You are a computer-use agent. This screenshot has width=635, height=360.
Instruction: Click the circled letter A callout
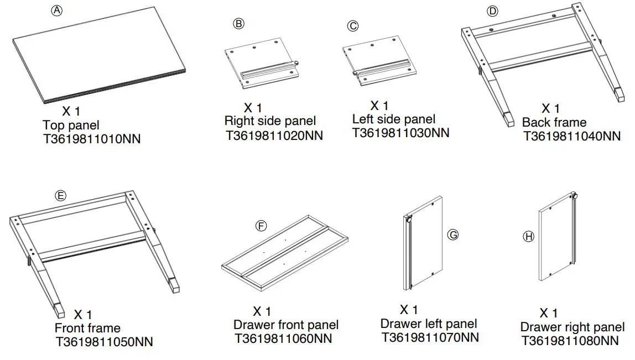click(57, 11)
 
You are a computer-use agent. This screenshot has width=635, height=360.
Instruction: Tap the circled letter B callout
click(238, 23)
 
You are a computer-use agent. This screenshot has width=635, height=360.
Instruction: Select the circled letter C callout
click(352, 26)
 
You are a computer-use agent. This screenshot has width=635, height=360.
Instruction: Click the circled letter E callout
click(60, 196)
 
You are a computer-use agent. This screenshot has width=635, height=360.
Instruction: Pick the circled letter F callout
click(261, 226)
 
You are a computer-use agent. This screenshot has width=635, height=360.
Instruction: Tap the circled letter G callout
click(452, 234)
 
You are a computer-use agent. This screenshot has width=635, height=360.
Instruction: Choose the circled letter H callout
click(528, 237)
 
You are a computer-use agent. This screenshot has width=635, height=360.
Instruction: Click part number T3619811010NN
click(92, 139)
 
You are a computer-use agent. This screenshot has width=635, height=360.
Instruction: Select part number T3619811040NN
click(571, 135)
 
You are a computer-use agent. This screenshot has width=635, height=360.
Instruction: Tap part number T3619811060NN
click(283, 338)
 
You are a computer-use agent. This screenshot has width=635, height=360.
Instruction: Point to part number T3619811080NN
click(570, 341)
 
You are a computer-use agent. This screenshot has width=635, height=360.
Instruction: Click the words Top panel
click(71, 125)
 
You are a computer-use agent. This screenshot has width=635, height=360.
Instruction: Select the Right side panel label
click(270, 121)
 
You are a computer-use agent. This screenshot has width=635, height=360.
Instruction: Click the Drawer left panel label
click(429, 324)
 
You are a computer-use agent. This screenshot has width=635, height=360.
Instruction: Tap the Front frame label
click(87, 328)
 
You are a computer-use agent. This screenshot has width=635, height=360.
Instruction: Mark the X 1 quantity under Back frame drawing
click(550, 108)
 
